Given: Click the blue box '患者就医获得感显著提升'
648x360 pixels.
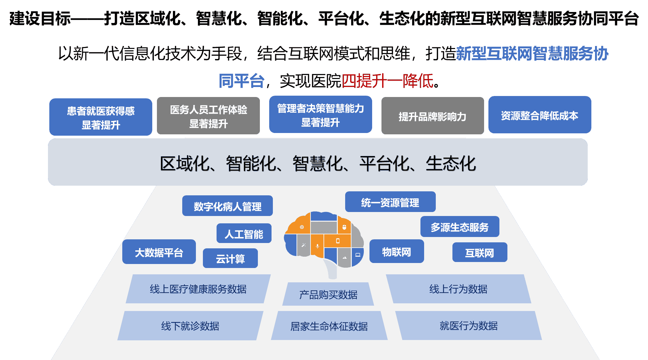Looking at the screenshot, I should (101, 117).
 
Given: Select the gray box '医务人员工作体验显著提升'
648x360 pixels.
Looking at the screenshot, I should (208, 116).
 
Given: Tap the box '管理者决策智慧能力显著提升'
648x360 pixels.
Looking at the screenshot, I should (321, 115).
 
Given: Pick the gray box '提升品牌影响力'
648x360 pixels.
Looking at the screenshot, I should (432, 116).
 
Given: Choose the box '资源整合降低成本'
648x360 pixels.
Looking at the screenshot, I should (539, 115).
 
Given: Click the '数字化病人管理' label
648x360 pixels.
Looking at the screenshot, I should (228, 206).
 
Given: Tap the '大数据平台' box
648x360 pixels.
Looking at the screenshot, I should (159, 252).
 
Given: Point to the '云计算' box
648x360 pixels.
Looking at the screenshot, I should (230, 258).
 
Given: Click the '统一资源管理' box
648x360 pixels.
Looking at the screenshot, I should (390, 202).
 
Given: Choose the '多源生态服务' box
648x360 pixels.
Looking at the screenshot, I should (459, 227).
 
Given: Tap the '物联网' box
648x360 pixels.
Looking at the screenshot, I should (396, 251).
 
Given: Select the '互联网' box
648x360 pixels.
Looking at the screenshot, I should (479, 252).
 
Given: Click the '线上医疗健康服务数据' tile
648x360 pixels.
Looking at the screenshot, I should (198, 289).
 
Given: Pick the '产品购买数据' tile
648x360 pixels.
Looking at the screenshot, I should (328, 294).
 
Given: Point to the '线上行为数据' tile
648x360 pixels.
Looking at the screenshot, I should (458, 289).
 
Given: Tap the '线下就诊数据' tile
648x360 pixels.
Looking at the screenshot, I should (190, 326).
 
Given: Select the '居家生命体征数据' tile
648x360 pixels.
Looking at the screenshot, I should (329, 326).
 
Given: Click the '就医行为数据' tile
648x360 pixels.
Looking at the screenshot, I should (468, 325).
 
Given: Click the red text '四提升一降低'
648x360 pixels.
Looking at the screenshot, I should (388, 81).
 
